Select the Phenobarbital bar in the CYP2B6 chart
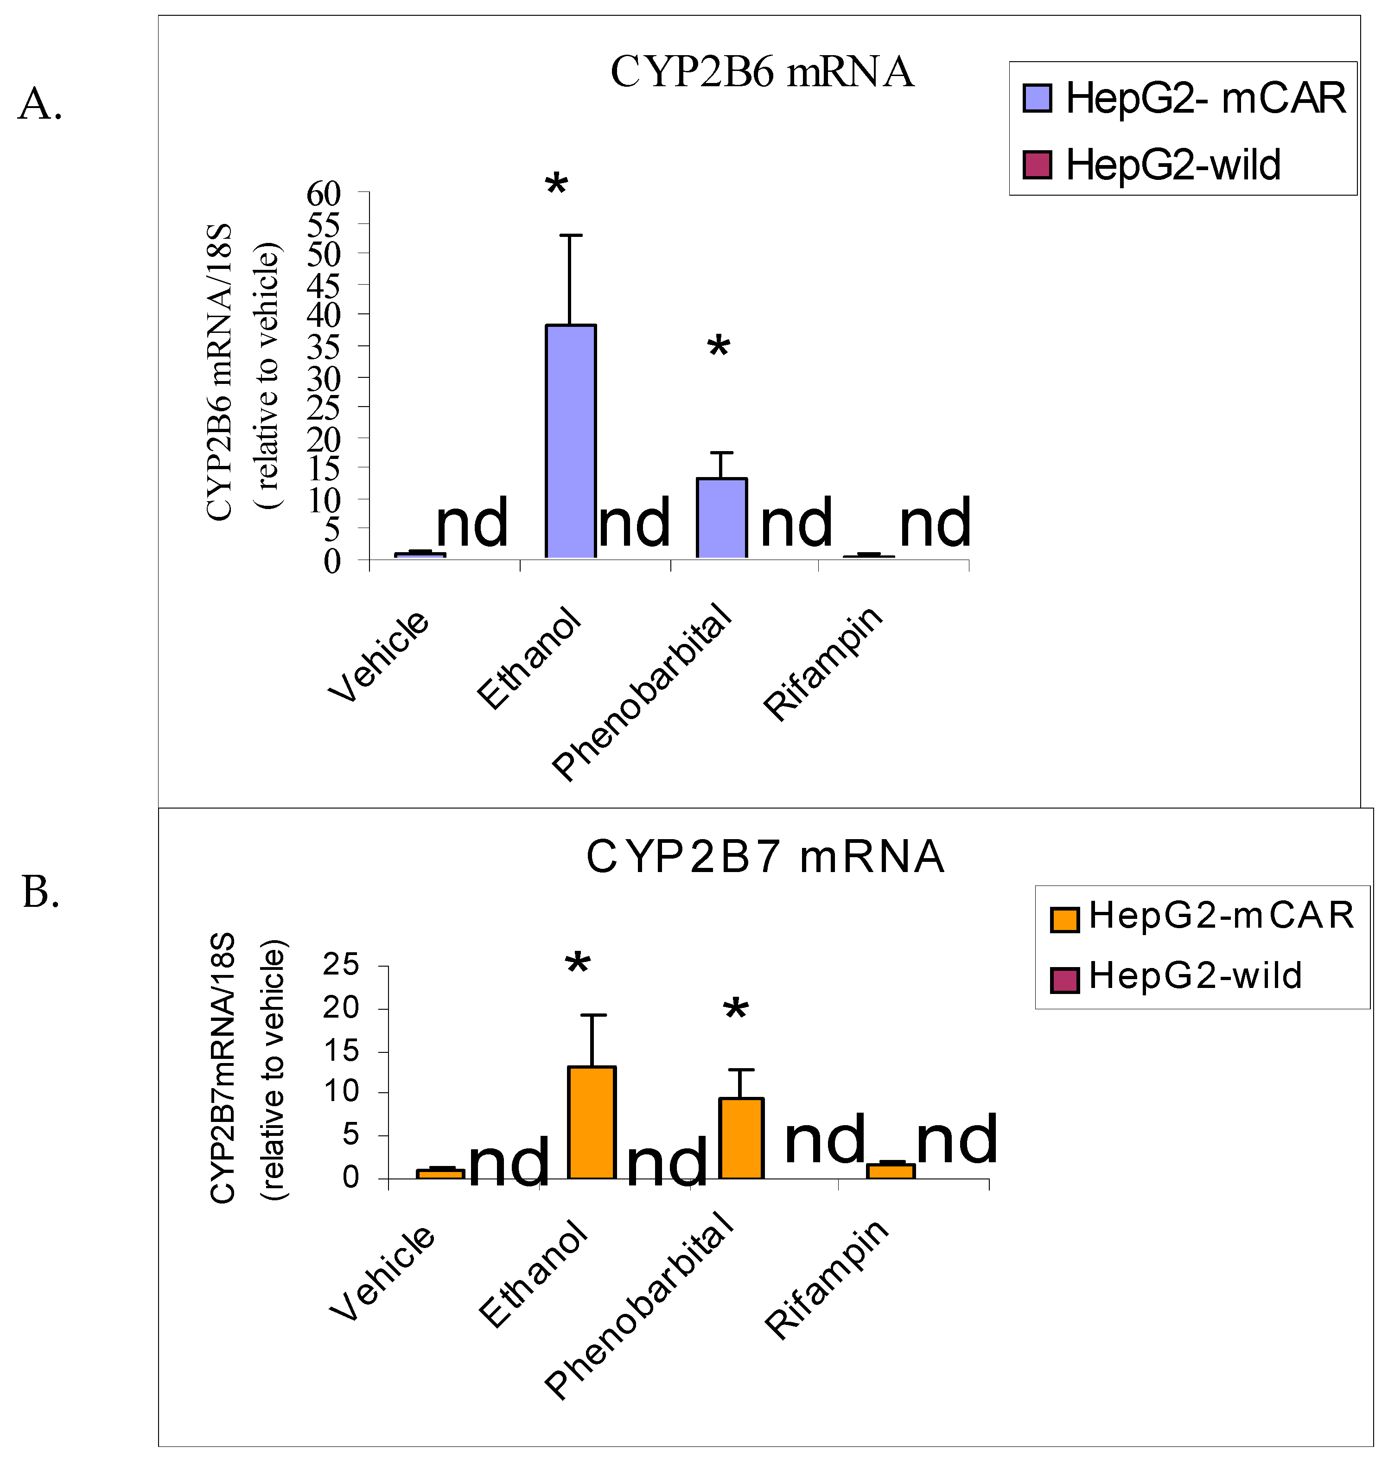(721, 519)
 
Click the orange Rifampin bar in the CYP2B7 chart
(891, 1171)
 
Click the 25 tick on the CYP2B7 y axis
(340, 965)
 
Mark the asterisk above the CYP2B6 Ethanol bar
(556, 184)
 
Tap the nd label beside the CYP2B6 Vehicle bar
(472, 523)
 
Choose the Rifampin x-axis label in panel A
(823, 664)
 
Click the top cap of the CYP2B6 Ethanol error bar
(570, 236)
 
